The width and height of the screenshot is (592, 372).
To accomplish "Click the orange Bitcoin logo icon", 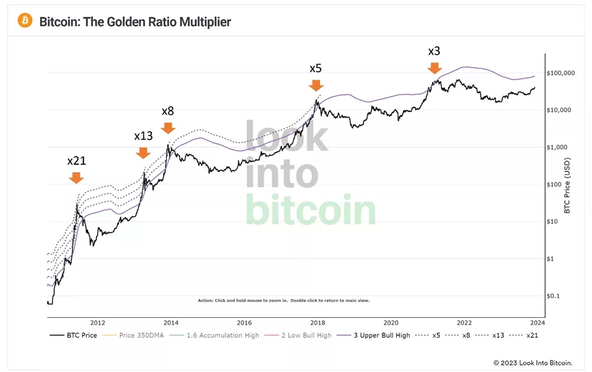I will pos(25,21).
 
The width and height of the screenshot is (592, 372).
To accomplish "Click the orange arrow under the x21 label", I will pos(76,177).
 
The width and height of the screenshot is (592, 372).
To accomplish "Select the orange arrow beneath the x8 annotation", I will pos(168,128).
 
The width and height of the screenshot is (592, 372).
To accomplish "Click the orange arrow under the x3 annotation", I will pos(434,67).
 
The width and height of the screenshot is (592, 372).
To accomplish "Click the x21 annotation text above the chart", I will pos(76,161).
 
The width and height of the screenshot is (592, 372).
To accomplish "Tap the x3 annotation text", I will pos(434,51).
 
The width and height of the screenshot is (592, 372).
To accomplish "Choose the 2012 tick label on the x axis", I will pos(98,323).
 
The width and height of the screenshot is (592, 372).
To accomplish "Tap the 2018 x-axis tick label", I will pos(317,323).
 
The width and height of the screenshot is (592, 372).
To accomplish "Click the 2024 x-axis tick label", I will pos(537,323).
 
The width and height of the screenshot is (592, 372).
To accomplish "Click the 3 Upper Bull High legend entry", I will pos(382,336).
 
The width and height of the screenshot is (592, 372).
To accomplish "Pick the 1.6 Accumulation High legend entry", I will pos(223,336).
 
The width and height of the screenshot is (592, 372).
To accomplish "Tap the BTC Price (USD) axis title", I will pos(567,185).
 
